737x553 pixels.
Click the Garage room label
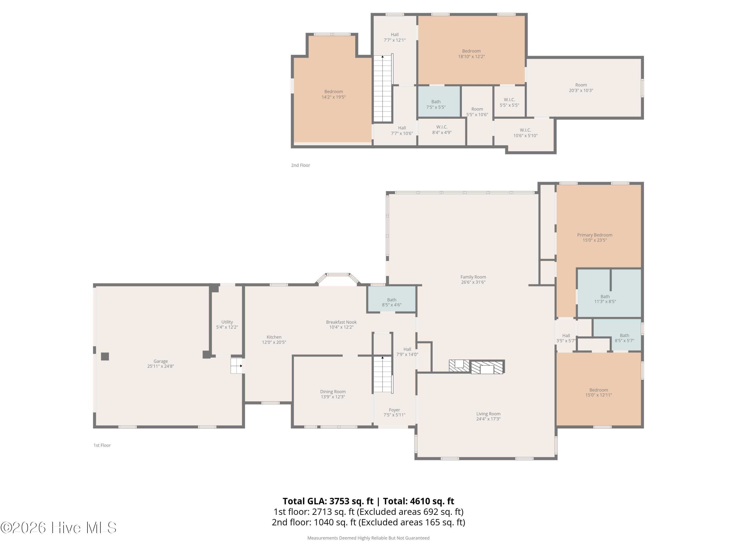pos(161,361)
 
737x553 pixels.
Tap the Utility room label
pos(227,322)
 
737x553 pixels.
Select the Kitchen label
pos(274,337)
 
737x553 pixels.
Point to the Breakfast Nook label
pos(341,322)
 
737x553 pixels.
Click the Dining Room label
pos(333,392)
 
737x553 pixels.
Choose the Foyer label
pos(394,410)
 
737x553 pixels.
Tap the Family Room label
pos(473,277)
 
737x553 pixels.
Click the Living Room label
pos(488,414)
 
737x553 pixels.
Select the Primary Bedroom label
pos(595,235)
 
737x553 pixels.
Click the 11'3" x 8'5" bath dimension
pos(605,302)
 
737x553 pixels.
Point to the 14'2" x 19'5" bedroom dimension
pos(334,97)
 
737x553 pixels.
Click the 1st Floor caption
pos(102,445)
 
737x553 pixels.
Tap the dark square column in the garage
pos(105,357)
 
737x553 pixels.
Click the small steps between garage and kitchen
pos(237,366)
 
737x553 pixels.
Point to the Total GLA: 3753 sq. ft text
pos(328,501)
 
